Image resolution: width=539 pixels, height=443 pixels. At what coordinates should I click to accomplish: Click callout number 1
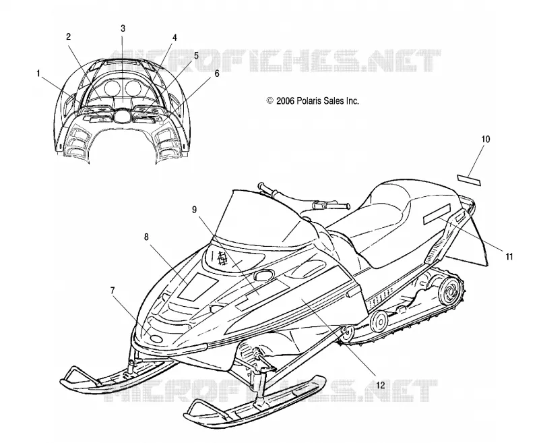(38, 73)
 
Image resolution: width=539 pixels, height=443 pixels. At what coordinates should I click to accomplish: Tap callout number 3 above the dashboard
(123, 28)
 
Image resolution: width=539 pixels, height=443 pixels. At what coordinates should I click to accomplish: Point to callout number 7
(113, 291)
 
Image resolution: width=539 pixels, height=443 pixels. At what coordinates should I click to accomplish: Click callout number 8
(146, 237)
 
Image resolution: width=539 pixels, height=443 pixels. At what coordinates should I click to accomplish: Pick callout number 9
(195, 210)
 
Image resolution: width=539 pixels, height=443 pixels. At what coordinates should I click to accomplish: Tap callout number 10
(485, 140)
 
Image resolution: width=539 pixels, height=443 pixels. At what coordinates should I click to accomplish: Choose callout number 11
(509, 256)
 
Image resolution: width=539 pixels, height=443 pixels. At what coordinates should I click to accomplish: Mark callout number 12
(381, 385)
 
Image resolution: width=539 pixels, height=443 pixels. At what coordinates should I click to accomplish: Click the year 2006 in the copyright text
(285, 101)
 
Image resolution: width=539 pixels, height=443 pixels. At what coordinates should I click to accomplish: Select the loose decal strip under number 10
(469, 179)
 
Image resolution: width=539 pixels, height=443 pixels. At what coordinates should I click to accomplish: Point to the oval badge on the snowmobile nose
(157, 338)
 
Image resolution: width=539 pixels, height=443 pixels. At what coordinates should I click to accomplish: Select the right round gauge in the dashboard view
(133, 88)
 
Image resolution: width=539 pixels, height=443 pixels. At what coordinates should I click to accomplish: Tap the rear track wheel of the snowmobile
(451, 291)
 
